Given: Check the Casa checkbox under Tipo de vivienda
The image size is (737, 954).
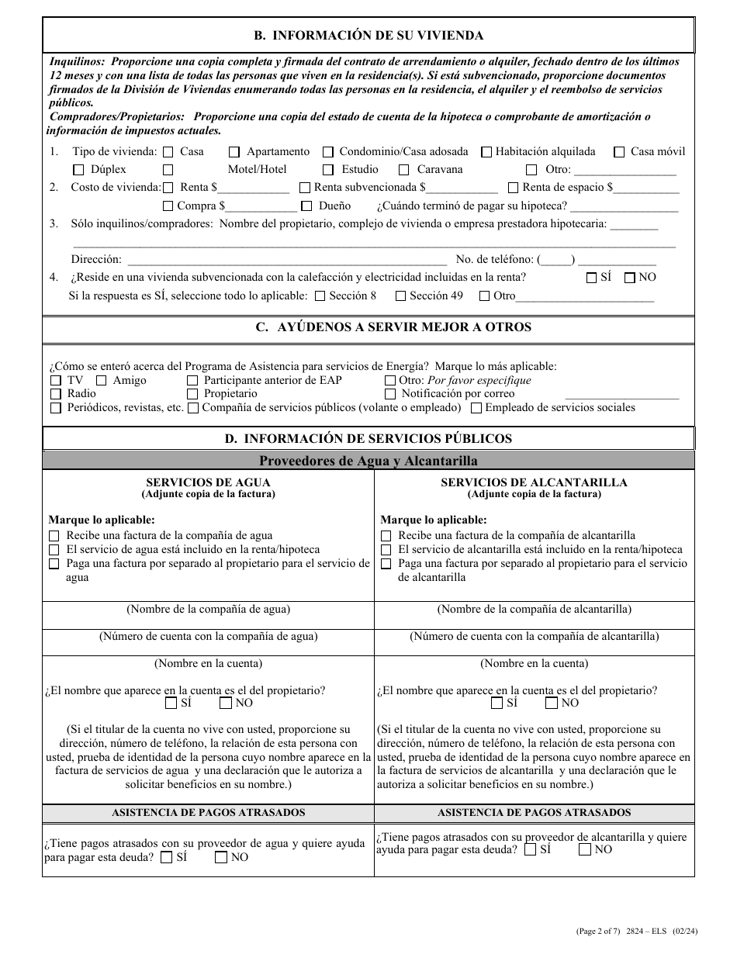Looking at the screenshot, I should point(168,152).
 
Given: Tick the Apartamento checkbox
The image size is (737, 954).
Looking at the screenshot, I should point(234,152).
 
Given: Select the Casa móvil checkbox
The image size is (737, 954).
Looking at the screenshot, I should point(619,152).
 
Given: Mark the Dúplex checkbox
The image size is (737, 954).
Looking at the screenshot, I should point(78,170).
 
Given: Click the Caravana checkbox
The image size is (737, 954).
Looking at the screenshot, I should point(404,170).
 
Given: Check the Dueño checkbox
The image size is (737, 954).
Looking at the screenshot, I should point(306,206).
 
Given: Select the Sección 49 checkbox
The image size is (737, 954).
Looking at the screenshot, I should point(400,296).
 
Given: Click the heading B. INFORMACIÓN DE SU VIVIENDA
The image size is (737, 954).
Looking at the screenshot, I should point(368,36).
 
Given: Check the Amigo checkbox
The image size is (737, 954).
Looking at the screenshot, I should point(102,381).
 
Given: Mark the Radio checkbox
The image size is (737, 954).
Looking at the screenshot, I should point(56,394).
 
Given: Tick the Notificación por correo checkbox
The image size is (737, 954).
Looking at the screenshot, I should point(390,394).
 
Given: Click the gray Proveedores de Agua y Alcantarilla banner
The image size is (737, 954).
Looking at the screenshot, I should point(368,461).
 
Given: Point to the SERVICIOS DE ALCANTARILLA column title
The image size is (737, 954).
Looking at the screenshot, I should point(534,482).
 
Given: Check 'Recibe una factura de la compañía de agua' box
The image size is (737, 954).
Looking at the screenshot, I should point(54,536).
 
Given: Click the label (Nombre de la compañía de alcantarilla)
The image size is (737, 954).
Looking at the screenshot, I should point(534,610).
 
